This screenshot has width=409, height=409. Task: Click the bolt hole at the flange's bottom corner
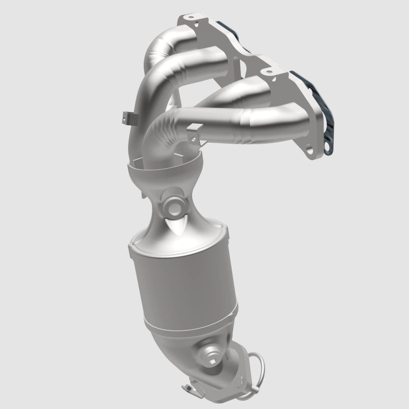click(x=311, y=151)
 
